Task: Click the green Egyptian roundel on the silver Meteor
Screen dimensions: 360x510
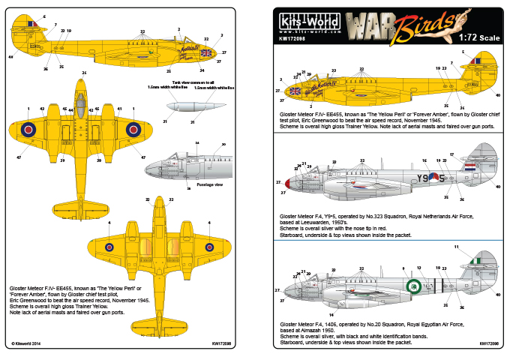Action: (x=412, y=285)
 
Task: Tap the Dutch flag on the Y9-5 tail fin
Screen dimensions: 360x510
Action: (x=469, y=168)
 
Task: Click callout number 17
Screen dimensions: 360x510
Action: (x=451, y=154)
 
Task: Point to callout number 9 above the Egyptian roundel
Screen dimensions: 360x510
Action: (x=403, y=268)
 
